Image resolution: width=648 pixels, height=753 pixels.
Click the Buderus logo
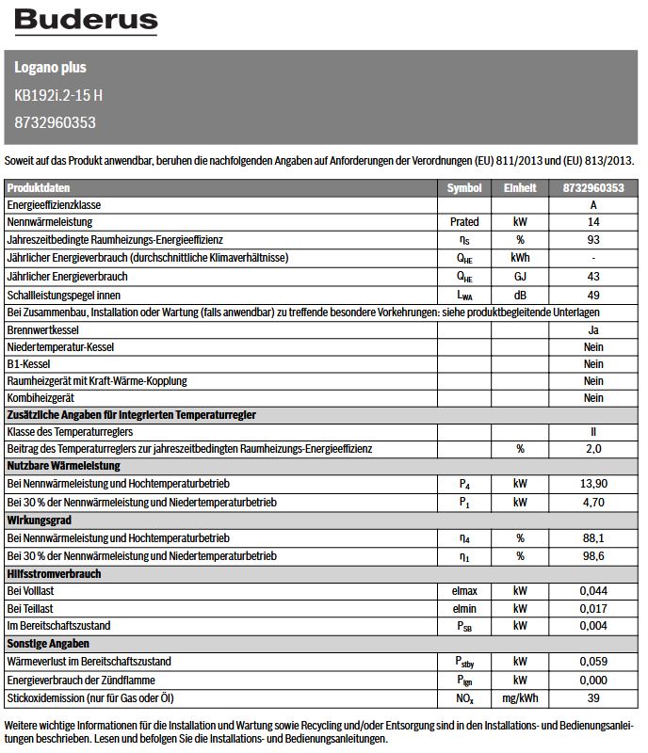[86, 21]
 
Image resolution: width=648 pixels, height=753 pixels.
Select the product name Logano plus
[50, 68]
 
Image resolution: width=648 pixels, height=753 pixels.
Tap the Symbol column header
[464, 188]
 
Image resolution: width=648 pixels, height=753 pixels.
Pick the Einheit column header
[520, 188]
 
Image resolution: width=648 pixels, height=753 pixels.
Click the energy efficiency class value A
[593, 205]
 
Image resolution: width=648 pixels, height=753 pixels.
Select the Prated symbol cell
[464, 223]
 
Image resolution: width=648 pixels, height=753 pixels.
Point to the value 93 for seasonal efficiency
[593, 241]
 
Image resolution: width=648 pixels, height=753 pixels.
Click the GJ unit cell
[520, 278]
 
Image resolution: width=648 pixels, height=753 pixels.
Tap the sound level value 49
[593, 296]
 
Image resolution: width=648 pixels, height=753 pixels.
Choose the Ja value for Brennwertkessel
[593, 331]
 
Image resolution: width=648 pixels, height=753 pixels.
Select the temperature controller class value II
[593, 432]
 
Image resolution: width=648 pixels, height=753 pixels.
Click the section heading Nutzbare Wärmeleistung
[63, 467]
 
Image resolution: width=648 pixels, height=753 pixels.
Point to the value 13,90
[593, 485]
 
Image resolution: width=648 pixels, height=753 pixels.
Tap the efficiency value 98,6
[593, 557]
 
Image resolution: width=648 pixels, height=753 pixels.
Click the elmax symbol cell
[464, 591]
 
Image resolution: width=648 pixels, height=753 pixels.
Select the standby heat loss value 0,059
[593, 663]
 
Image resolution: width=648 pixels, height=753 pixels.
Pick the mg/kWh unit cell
[520, 699]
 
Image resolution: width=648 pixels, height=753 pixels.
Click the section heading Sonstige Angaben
[48, 645]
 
